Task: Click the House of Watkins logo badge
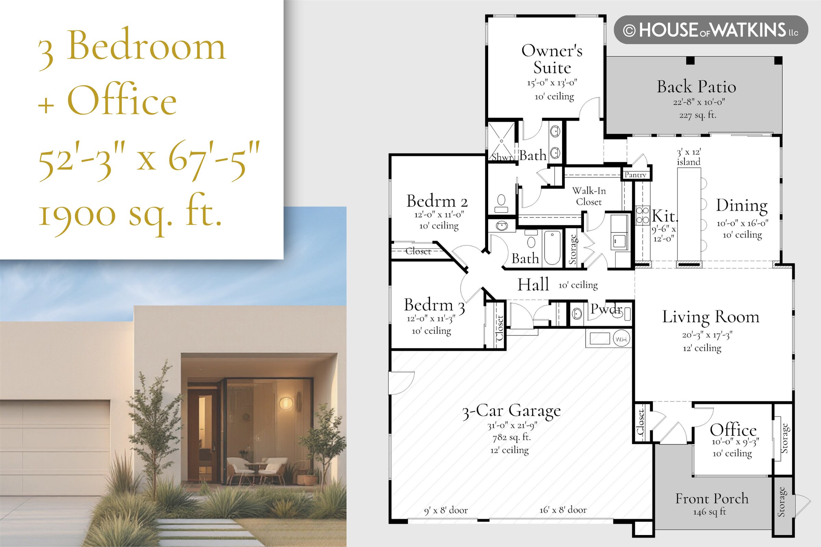tap(711, 30)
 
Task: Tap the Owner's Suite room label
tap(552, 59)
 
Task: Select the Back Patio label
tap(696, 86)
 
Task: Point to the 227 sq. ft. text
tap(698, 115)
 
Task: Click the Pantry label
tap(635, 175)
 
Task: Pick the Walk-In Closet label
tap(589, 196)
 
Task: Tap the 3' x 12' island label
tap(689, 157)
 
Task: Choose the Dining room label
tap(742, 206)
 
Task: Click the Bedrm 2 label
tap(437, 201)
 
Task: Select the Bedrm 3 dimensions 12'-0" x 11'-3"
tap(431, 319)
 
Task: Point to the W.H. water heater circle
tap(622, 339)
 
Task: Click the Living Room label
tap(711, 317)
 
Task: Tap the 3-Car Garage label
tap(512, 411)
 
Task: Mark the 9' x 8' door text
tap(446, 510)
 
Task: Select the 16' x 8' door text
tap(563, 510)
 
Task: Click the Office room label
tap(733, 429)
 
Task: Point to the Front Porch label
tap(712, 498)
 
